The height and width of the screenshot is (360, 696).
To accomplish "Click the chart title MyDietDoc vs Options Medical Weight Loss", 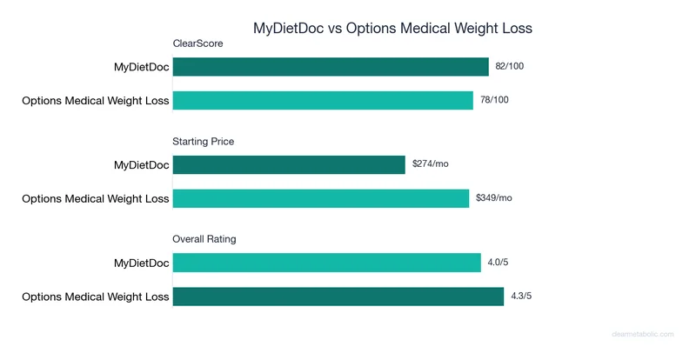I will pos(391,28).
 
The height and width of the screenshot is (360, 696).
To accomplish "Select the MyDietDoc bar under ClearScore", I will pos(331,67).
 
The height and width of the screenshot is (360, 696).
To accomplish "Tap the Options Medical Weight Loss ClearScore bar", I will pos(323,100).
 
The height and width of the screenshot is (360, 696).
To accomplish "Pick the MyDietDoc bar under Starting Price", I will pos(289,165).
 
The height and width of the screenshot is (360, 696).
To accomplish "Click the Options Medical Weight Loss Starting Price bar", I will pos(321,198).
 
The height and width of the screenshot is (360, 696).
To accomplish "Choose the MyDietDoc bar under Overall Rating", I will pos(326,263).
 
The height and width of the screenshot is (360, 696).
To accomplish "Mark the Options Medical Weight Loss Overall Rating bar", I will pos(338,297).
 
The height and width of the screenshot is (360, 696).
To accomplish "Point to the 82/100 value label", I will pos(510,67).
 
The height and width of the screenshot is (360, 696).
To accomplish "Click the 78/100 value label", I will pos(494,100).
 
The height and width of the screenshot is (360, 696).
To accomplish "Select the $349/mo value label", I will pos(494,198).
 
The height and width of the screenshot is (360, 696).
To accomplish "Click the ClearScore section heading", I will pos(198,43).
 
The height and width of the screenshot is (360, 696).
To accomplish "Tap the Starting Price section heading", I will pos(204,141).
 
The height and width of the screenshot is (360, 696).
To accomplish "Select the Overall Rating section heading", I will pos(204,238).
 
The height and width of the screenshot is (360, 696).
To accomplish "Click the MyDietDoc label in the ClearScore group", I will pos(141,67).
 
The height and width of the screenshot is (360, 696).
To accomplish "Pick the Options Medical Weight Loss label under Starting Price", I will pos(96,198).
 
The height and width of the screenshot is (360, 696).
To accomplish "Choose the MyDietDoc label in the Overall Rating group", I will pos(141,263).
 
